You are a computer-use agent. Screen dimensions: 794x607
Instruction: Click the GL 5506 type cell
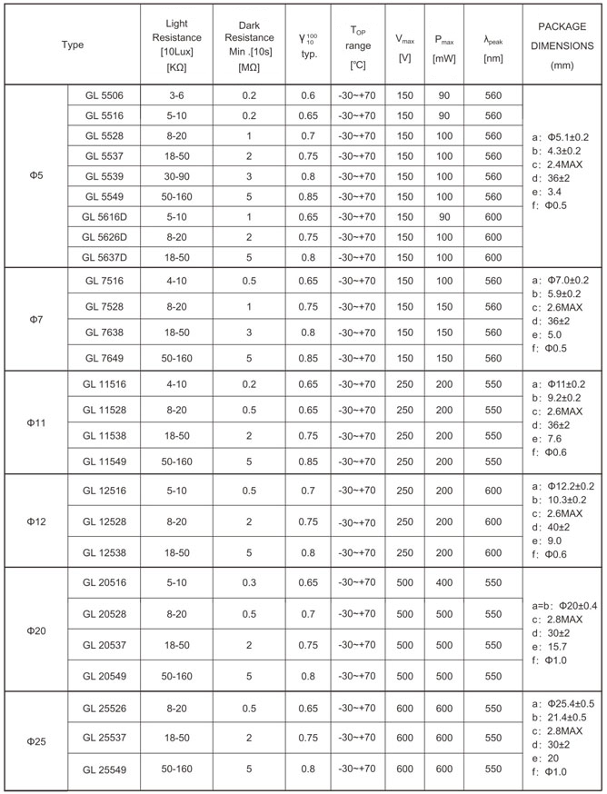click(x=104, y=94)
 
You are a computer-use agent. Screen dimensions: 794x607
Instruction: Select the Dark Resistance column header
click(x=248, y=45)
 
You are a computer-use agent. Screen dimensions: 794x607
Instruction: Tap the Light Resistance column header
click(x=176, y=45)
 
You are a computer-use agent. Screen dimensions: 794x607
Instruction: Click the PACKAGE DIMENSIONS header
click(x=562, y=45)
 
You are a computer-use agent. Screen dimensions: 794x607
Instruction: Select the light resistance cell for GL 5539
click(x=176, y=176)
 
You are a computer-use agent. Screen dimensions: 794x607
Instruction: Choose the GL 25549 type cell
click(x=104, y=769)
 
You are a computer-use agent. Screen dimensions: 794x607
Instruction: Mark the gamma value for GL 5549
click(x=307, y=196)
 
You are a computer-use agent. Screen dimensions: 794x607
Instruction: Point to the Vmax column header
click(x=403, y=45)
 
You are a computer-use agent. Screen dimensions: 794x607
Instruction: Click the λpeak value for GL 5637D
click(x=493, y=257)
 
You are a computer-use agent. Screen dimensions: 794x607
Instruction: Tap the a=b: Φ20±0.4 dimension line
click(x=563, y=606)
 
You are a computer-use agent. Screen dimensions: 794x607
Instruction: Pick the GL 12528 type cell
click(x=104, y=521)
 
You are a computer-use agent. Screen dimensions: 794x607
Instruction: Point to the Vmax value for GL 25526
click(x=403, y=707)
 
